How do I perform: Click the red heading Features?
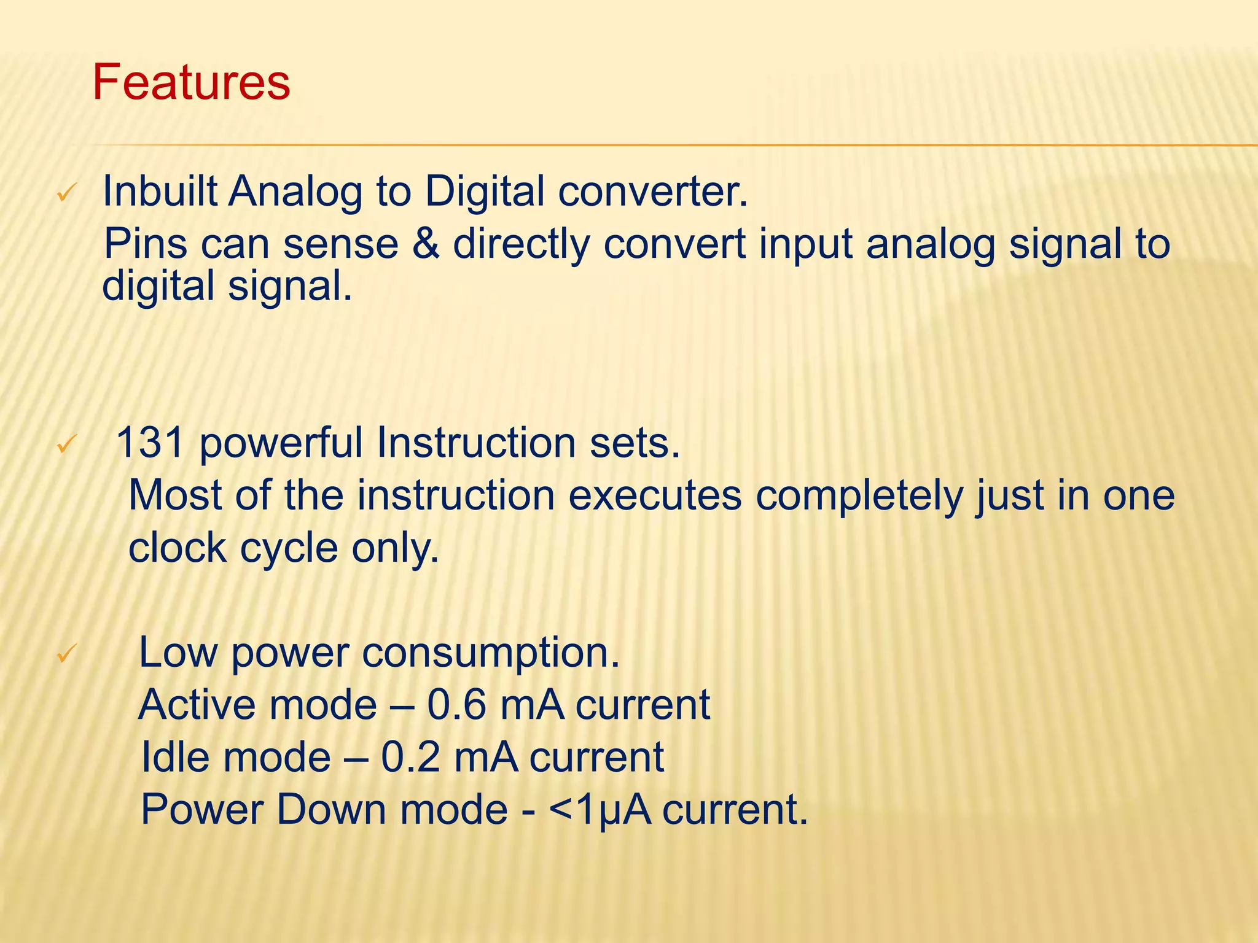[x=191, y=83]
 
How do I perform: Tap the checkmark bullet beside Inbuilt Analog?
[x=65, y=195]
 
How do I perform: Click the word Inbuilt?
[x=160, y=192]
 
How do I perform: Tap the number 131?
[x=150, y=443]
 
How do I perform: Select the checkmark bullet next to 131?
[x=65, y=444]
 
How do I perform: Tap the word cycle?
[x=289, y=548]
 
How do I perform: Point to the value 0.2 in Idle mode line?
[x=410, y=757]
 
